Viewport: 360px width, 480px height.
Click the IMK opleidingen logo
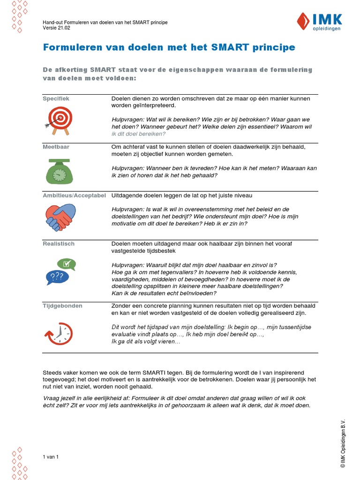click(320, 22)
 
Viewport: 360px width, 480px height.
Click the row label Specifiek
click(56, 99)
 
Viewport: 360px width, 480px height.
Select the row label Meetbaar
click(56, 147)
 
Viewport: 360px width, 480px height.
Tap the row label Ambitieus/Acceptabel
click(74, 195)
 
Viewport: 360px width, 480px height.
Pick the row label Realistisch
click(59, 244)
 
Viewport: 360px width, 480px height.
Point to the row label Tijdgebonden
click(62, 306)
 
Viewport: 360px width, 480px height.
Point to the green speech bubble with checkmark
click(66, 264)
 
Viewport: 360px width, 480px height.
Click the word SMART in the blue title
click(226, 47)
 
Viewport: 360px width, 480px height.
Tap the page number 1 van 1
click(50, 457)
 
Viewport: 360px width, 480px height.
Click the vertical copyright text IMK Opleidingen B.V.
click(343, 443)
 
